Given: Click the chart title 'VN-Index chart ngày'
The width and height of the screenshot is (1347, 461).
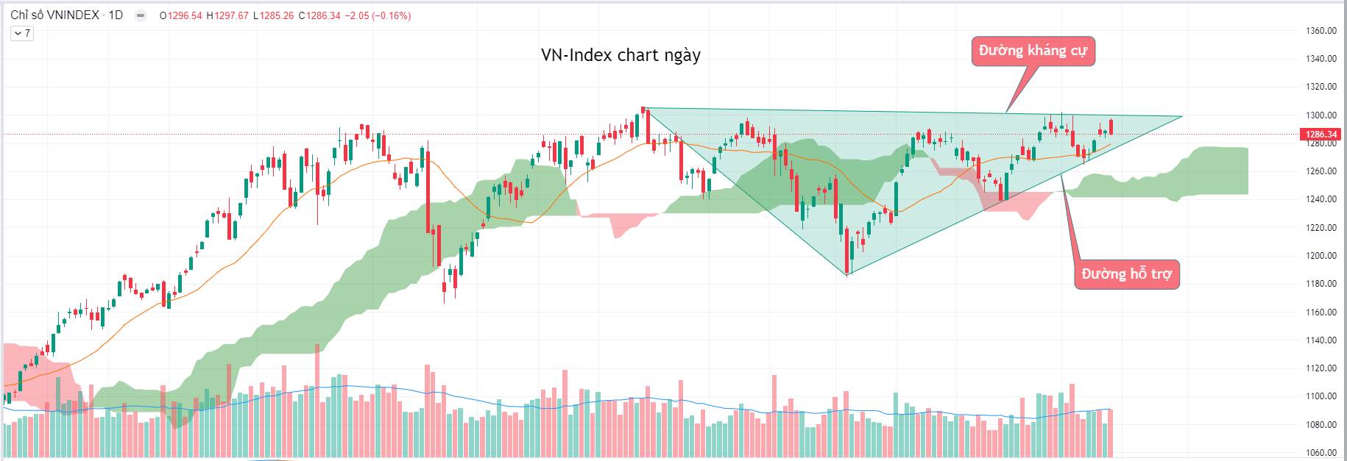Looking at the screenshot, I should tap(621, 55).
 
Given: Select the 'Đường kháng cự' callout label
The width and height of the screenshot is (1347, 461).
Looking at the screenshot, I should tap(1033, 51).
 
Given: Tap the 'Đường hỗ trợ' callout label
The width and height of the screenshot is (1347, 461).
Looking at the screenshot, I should tap(1126, 274).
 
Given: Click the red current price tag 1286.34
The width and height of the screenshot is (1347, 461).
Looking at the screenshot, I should tap(1320, 135).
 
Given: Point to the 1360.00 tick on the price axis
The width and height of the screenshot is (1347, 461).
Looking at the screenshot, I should tap(1321, 31).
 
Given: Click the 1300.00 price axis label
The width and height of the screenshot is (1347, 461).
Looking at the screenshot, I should tap(1321, 115).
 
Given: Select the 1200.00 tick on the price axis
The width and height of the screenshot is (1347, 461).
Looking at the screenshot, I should tap(1321, 256).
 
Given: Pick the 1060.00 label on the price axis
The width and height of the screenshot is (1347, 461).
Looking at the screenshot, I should tap(1321, 453).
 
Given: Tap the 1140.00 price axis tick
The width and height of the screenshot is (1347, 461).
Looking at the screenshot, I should tap(1321, 340).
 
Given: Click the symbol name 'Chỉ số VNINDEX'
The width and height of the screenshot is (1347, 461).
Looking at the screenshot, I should tap(54, 15).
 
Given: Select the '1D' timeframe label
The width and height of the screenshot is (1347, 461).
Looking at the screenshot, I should tap(116, 15).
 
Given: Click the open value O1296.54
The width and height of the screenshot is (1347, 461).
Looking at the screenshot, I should tap(180, 15).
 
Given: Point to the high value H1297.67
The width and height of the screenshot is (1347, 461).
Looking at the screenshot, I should tap(228, 15).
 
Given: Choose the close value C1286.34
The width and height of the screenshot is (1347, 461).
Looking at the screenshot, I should tap(319, 15).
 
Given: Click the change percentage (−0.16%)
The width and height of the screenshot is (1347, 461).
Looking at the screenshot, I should tap(391, 15).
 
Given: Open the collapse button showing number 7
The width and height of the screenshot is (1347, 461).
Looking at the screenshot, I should tap(21, 33).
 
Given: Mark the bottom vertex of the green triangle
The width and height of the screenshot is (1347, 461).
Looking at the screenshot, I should tap(847, 275).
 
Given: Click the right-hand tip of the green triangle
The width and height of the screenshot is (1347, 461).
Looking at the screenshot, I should tap(1181, 116).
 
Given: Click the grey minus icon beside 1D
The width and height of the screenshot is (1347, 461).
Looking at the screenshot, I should tap(141, 15).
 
